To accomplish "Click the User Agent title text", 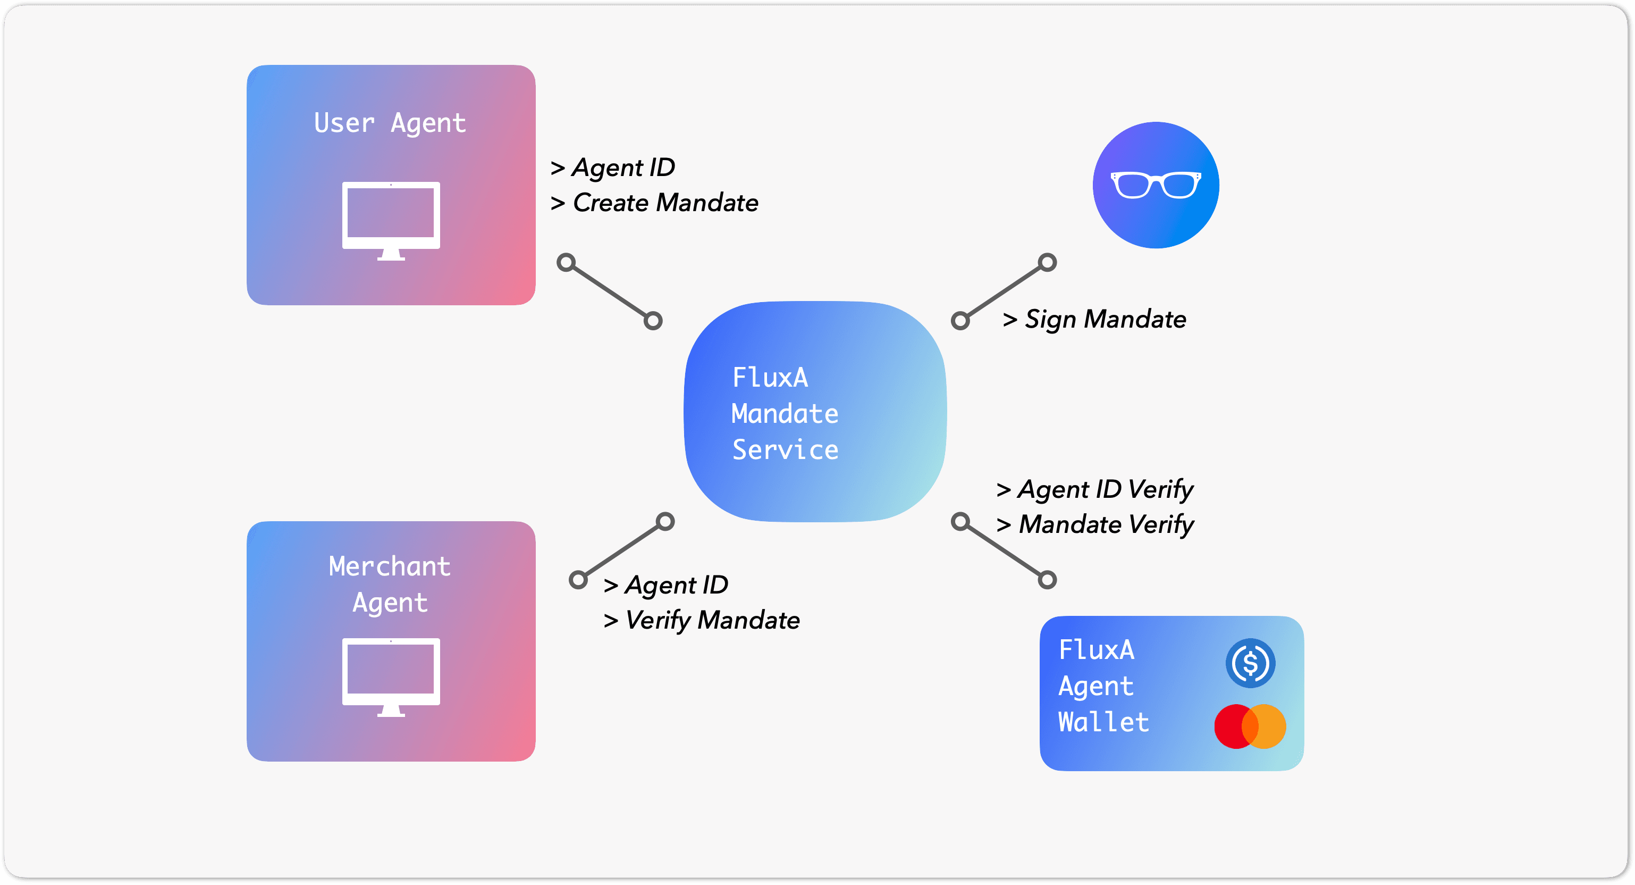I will coord(390,123).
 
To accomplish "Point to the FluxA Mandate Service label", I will coord(785,413).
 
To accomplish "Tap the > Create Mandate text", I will coord(654,203).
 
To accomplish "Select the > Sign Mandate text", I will coord(1094,319).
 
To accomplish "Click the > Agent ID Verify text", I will coord(1094,489).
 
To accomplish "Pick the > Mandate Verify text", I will coord(1094,525).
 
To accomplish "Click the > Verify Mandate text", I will coord(701,620).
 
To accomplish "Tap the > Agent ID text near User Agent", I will coord(612,168).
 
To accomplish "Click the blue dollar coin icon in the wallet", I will coord(1250,663).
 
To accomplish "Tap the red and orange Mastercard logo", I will coord(1250,727).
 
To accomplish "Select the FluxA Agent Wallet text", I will coord(1103,686).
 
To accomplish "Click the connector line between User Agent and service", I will coord(609,291).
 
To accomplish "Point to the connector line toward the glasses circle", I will coord(1004,291).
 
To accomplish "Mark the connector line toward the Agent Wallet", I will coord(1004,550).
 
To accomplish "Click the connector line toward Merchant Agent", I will coord(621,550).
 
